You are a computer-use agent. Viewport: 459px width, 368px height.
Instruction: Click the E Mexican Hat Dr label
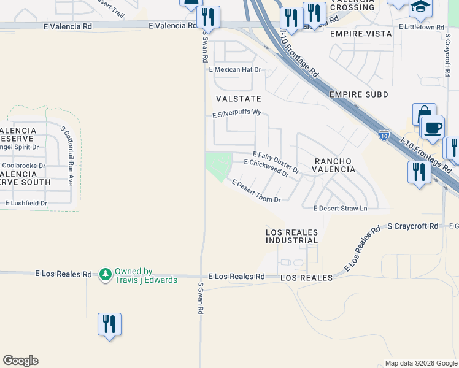235,70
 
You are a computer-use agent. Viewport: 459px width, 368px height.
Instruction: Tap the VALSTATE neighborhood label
239,99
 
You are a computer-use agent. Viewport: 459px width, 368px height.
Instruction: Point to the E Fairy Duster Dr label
276,161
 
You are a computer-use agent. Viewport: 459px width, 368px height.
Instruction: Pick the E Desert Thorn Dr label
256,191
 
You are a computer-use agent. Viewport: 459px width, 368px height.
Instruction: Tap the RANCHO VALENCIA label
334,165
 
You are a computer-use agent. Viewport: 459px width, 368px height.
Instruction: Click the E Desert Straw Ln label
340,209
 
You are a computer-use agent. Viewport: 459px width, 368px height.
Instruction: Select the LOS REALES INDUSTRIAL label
292,236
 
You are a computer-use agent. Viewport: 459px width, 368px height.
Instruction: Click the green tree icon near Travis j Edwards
106,273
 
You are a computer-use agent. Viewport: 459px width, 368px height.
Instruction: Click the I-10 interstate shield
384,134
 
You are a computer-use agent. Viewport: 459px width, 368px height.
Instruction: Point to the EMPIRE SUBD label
359,94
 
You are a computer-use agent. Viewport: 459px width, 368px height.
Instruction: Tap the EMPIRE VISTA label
361,34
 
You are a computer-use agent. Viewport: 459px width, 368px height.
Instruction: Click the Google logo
20,361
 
